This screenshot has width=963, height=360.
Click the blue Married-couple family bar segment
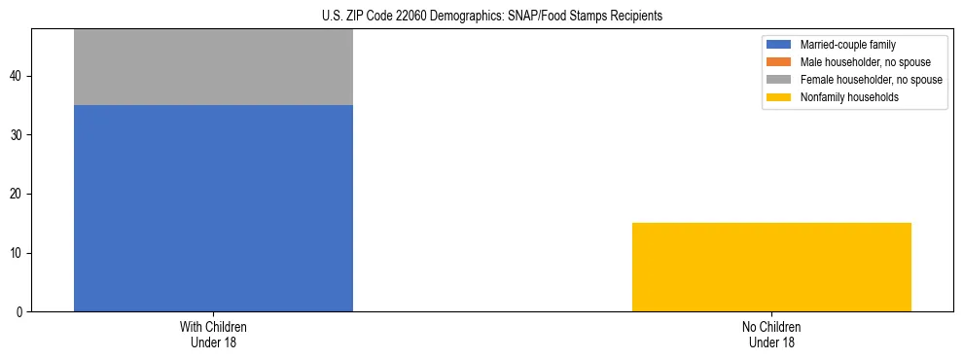point(213,208)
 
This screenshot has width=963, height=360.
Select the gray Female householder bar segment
point(213,67)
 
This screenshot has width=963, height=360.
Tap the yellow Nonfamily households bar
point(771,268)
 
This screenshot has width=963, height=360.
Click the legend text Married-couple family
point(847,45)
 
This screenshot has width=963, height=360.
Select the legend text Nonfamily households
point(843,97)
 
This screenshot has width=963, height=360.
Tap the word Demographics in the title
point(462,17)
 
